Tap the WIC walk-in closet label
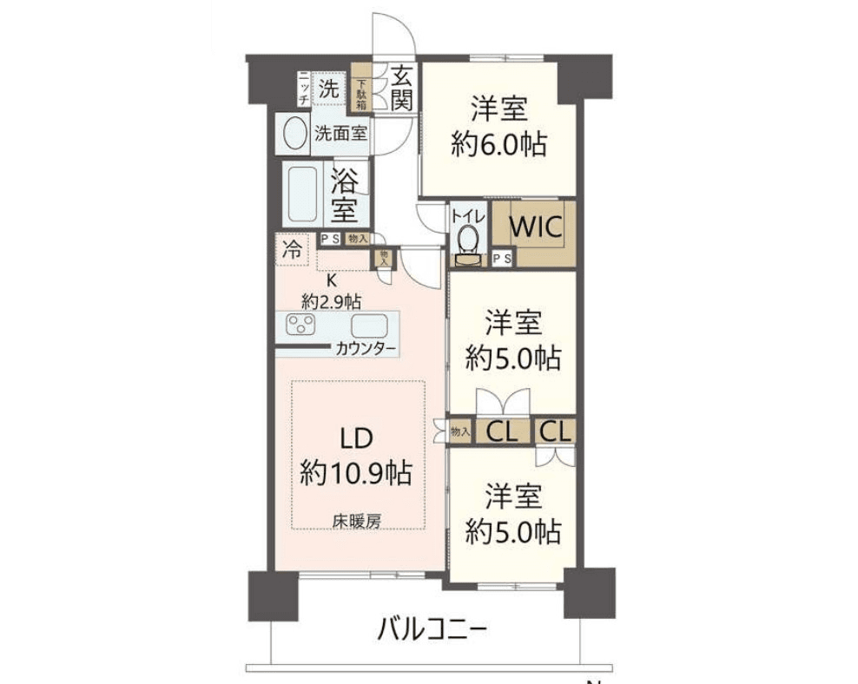[536, 227]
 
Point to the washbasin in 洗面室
[295, 135]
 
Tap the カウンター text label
[366, 350]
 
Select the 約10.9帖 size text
[356, 473]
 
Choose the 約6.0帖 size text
[498, 143]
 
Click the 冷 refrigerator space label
[292, 251]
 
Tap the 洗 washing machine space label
[328, 88]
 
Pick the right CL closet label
[556, 430]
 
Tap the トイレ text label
[466, 212]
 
